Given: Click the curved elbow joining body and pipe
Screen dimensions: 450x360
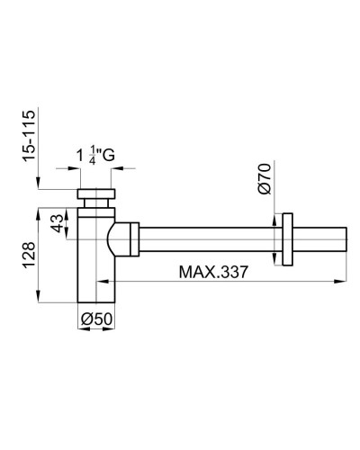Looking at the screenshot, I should tap(118, 238).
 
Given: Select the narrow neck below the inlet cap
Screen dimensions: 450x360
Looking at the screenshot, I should tap(94, 209).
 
